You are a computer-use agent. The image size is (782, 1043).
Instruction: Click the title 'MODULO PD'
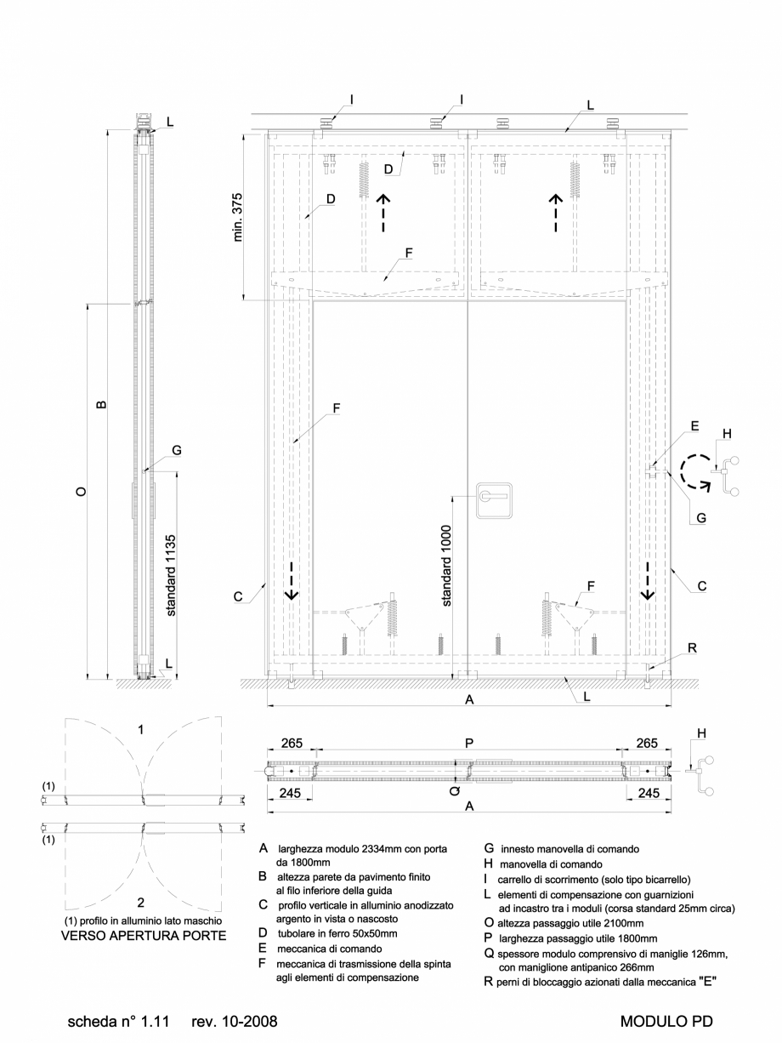coord(667,1019)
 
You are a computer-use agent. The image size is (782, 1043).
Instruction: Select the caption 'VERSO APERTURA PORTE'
coord(143,937)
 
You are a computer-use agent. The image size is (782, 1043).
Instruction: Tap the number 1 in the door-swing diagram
coord(141,729)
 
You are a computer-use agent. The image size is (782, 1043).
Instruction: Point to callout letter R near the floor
coord(692,648)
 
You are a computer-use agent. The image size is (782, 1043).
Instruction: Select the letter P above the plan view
coord(470,742)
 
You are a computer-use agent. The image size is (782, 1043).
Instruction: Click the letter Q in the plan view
coord(456,789)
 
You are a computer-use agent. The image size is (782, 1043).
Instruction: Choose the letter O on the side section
coord(80,491)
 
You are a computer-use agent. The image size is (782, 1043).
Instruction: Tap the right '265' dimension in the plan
coord(649,742)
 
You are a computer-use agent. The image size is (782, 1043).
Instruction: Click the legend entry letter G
coord(490,848)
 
